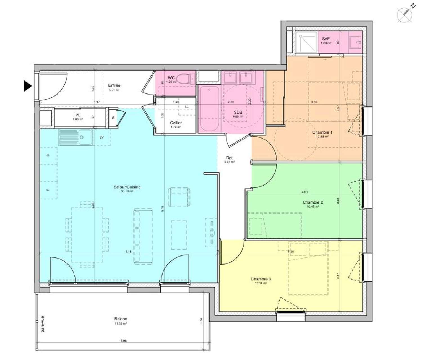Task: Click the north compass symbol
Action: click(x=405, y=14)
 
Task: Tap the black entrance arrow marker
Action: click(x=27, y=86)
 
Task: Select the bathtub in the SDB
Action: click(x=209, y=109)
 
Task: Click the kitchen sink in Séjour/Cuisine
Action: click(x=76, y=138)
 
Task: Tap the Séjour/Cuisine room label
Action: click(x=127, y=187)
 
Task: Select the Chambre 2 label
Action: click(x=313, y=202)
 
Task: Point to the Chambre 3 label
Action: click(x=261, y=279)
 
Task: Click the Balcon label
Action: click(x=120, y=319)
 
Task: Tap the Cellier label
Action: click(x=176, y=123)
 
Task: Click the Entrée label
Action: click(x=114, y=85)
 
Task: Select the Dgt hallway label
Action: click(x=229, y=158)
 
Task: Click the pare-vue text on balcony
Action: click(x=42, y=324)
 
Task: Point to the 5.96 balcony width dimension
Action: click(x=124, y=341)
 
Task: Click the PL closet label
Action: click(x=78, y=115)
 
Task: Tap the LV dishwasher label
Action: click(x=102, y=137)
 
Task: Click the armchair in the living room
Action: click(x=179, y=197)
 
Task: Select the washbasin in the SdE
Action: click(x=355, y=43)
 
